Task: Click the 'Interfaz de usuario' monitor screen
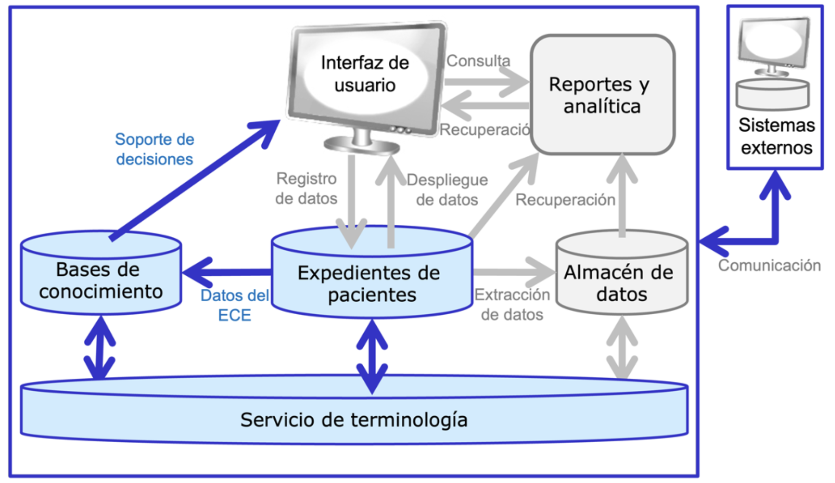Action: click(365, 74)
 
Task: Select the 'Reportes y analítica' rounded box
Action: click(602, 95)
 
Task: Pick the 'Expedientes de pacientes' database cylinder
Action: click(371, 283)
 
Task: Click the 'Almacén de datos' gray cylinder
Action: click(621, 283)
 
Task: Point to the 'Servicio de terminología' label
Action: click(354, 419)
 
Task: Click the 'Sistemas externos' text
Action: click(776, 136)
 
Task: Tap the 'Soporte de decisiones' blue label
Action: click(154, 149)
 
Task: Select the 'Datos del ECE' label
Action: click(234, 305)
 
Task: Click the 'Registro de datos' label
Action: click(306, 188)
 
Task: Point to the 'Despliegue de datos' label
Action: click(447, 190)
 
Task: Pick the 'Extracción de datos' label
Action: click(512, 305)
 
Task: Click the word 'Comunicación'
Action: click(769, 265)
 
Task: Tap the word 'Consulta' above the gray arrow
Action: click(478, 61)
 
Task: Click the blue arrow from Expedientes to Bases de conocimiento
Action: click(227, 272)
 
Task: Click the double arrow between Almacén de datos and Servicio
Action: click(622, 348)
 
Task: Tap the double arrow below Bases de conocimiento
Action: click(100, 348)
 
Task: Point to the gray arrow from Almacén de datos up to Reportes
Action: click(622, 195)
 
